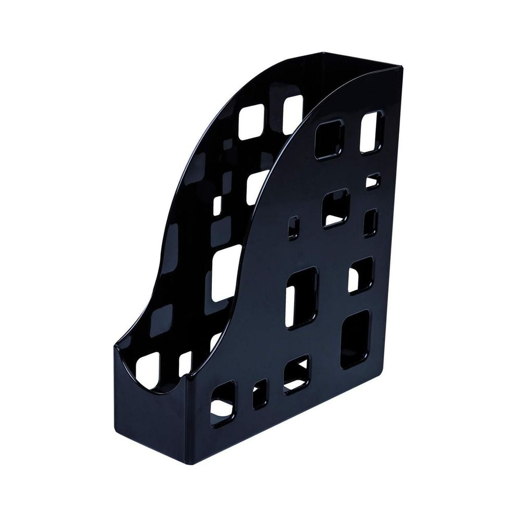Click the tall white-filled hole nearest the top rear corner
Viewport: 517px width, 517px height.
click(x=372, y=132)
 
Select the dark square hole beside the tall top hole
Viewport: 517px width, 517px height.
click(x=329, y=139)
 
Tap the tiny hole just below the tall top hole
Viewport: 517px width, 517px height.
click(x=373, y=180)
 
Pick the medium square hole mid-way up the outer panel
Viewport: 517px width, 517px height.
click(x=335, y=209)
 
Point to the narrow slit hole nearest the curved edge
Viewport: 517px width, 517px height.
click(x=293, y=228)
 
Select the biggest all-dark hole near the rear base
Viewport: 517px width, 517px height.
click(x=355, y=339)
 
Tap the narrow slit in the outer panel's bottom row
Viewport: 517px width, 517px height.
click(x=260, y=396)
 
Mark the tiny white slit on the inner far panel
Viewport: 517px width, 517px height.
click(x=218, y=205)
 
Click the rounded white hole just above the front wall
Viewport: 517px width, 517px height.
click(x=150, y=364)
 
